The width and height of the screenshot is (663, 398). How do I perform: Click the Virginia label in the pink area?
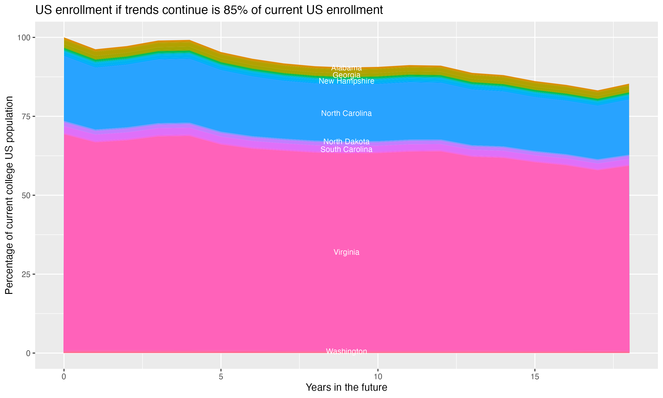(x=346, y=252)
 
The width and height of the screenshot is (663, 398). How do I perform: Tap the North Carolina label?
(x=346, y=113)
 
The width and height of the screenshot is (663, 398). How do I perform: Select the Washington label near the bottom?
(x=346, y=351)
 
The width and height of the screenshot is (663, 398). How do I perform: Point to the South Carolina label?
(x=346, y=149)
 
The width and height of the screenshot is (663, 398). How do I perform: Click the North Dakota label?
(x=346, y=141)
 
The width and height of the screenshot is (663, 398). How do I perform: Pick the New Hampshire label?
(x=346, y=81)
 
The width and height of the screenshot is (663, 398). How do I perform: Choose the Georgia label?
(x=346, y=75)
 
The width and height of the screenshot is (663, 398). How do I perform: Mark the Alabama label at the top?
(x=346, y=68)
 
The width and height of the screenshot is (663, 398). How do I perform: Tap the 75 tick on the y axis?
(x=26, y=116)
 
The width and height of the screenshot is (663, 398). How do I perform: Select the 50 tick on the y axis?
(x=26, y=195)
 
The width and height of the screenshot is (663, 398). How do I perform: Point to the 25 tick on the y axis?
(x=26, y=274)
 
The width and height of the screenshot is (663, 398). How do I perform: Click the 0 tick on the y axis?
(x=28, y=353)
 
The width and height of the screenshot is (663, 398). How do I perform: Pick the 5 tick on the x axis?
(x=221, y=377)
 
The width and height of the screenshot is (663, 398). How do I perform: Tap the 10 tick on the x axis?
(x=378, y=377)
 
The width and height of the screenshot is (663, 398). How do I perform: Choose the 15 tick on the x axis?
(x=535, y=377)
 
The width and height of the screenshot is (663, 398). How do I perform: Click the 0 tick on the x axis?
(x=64, y=377)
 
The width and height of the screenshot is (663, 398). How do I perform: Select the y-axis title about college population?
(x=9, y=195)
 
